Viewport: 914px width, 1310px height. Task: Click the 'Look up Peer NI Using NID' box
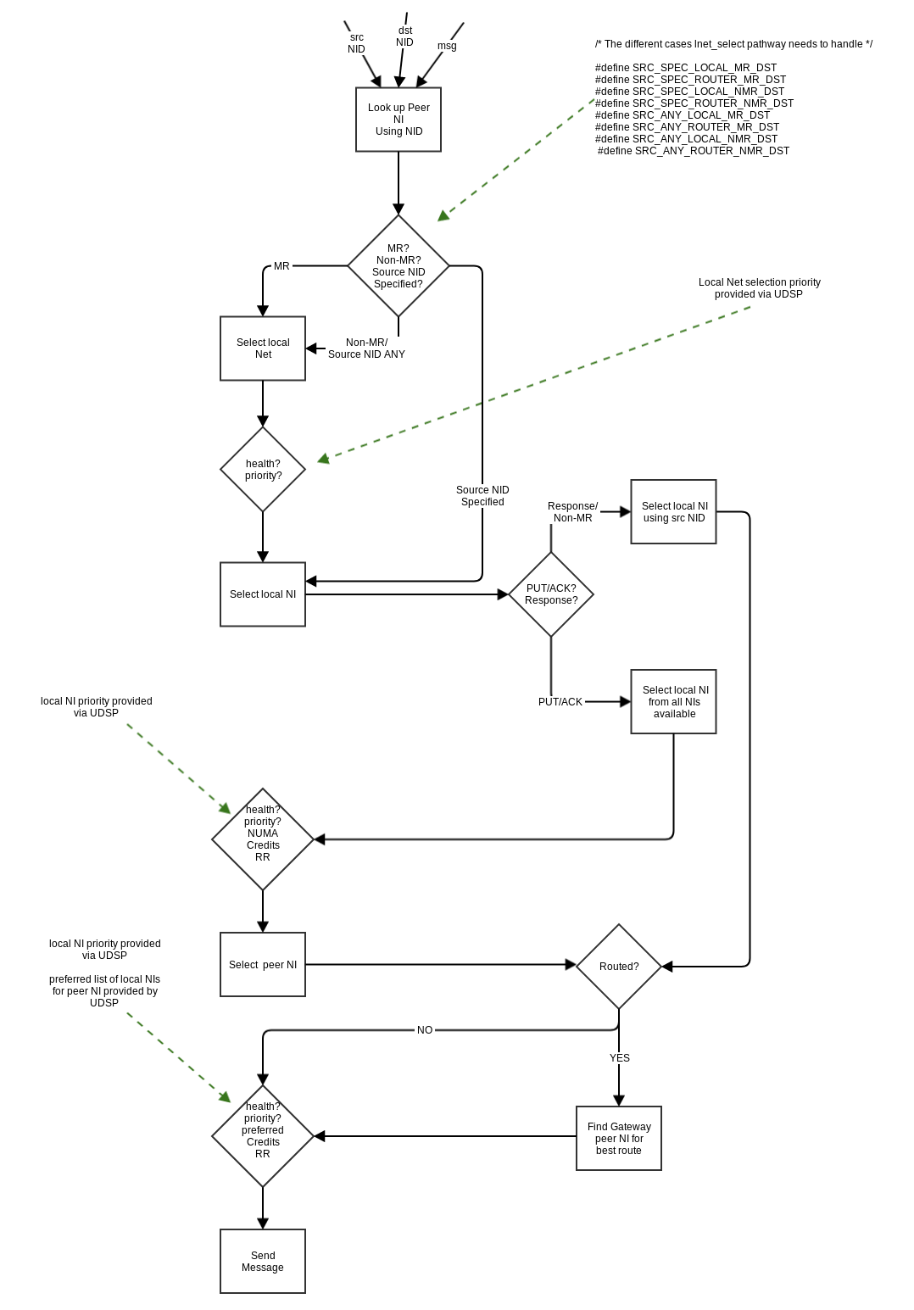pyautogui.click(x=398, y=120)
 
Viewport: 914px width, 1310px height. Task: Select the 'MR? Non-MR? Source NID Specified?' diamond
pyautogui.click(x=398, y=266)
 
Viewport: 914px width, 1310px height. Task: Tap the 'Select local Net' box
pyautogui.click(x=263, y=348)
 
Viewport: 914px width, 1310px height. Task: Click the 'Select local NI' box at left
pyautogui.click(x=263, y=594)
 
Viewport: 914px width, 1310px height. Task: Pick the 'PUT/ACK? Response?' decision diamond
pyautogui.click(x=551, y=594)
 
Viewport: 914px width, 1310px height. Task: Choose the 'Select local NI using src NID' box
pyautogui.click(x=673, y=512)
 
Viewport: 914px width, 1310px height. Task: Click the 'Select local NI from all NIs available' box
pyautogui.click(x=673, y=702)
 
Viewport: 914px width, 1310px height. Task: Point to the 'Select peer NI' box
pyautogui.click(x=263, y=965)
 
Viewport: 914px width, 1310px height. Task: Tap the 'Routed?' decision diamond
pyautogui.click(x=619, y=967)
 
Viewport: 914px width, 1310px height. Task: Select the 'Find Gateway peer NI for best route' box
pyautogui.click(x=619, y=1139)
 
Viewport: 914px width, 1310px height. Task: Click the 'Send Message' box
pyautogui.click(x=263, y=1262)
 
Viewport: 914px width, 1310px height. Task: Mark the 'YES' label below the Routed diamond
pyautogui.click(x=620, y=1058)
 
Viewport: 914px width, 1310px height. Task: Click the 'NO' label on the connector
pyautogui.click(x=425, y=1030)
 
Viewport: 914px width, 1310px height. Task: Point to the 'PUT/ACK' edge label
pyautogui.click(x=560, y=702)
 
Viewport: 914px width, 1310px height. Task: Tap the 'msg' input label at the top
pyautogui.click(x=447, y=46)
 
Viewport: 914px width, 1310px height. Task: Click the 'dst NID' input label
pyautogui.click(x=405, y=36)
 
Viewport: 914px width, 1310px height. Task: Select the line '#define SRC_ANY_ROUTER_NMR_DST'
pyautogui.click(x=694, y=151)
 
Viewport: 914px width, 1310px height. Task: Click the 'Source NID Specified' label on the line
pyautogui.click(x=482, y=496)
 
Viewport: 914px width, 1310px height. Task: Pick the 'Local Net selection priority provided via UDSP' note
pyautogui.click(x=759, y=288)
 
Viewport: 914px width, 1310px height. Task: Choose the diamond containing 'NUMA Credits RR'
pyautogui.click(x=263, y=839)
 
